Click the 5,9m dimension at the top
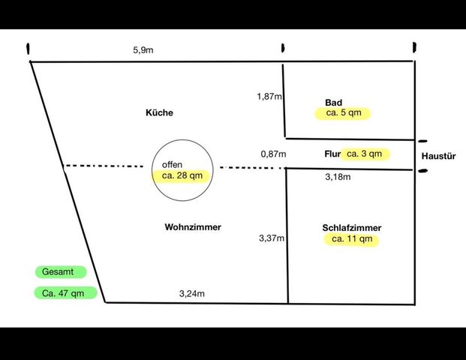(143, 50)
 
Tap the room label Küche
(159, 112)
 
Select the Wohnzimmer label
(193, 227)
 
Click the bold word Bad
(333, 103)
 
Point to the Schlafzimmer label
(352, 228)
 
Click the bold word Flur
(332, 154)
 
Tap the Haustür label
(438, 156)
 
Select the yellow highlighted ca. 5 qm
(344, 112)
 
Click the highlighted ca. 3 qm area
(365, 154)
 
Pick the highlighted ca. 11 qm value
(352, 239)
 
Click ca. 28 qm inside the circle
(182, 175)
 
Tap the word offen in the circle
(172, 164)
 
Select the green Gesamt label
(61, 271)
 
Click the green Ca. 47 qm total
(66, 293)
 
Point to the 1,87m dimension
(269, 96)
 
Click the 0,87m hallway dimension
(273, 154)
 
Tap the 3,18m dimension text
(338, 177)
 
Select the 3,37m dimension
(272, 238)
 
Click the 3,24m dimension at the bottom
(191, 293)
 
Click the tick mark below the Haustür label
(422, 171)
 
